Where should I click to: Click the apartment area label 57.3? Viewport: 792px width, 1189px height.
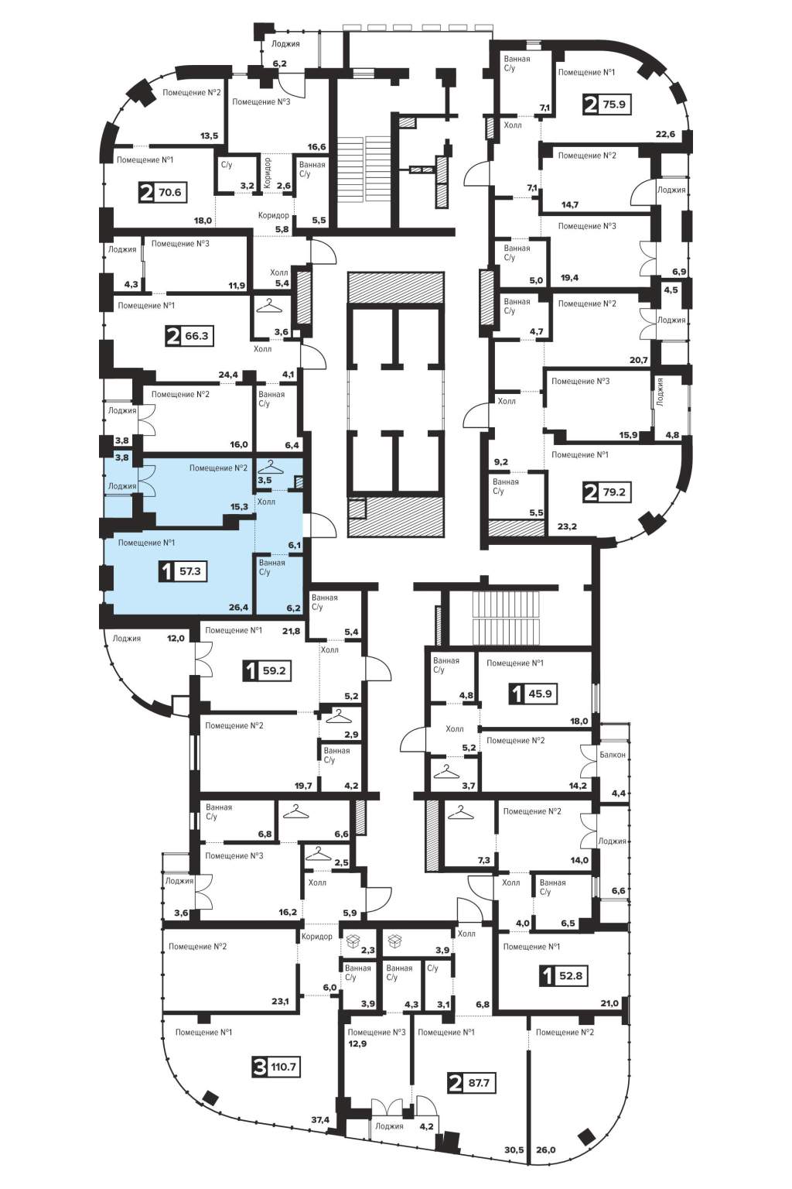(189, 572)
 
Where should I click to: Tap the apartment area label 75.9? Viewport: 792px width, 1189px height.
(614, 104)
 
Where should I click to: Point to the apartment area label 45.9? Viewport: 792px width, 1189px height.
(540, 694)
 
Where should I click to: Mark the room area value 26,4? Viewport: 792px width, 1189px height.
(239, 607)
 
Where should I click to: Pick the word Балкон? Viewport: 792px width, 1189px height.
(613, 754)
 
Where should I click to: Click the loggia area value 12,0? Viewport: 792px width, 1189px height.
(175, 638)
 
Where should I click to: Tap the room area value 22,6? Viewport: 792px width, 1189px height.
(665, 134)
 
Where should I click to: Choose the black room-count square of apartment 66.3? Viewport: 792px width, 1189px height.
(173, 336)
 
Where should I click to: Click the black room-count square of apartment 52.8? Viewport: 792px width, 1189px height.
(546, 975)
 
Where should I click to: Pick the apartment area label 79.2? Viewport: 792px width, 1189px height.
(614, 492)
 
